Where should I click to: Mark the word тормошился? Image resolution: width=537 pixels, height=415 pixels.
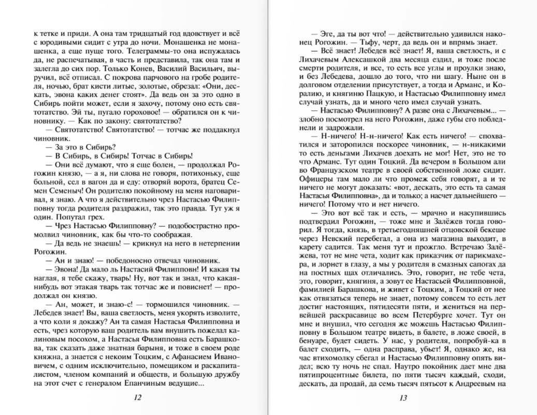click(x=157, y=306)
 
